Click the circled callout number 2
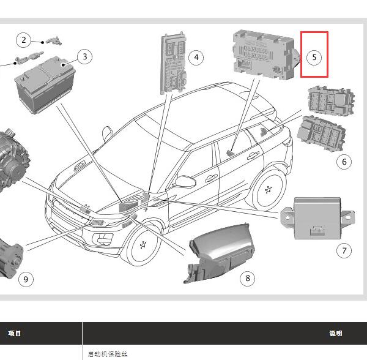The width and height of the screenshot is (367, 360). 23,40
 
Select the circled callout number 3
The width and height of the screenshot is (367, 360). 85,56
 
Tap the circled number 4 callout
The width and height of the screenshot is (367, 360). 196,58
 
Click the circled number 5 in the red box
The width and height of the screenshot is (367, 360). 314,57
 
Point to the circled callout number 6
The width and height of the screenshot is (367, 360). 344,162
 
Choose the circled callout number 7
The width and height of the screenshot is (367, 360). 344,250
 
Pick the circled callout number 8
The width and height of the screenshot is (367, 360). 247,278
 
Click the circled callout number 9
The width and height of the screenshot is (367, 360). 26,279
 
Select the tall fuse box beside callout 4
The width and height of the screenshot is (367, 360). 174,63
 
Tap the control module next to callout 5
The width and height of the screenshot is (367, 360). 266,55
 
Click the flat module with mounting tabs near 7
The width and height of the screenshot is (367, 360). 317,219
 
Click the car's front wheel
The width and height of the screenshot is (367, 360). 143,245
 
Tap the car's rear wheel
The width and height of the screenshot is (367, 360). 269,190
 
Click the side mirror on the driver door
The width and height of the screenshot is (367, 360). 185,181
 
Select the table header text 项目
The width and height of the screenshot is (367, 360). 15,333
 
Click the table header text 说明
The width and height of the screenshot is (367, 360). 336,333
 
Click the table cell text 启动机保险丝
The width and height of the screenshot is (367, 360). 108,354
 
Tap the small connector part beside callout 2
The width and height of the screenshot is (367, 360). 54,41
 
